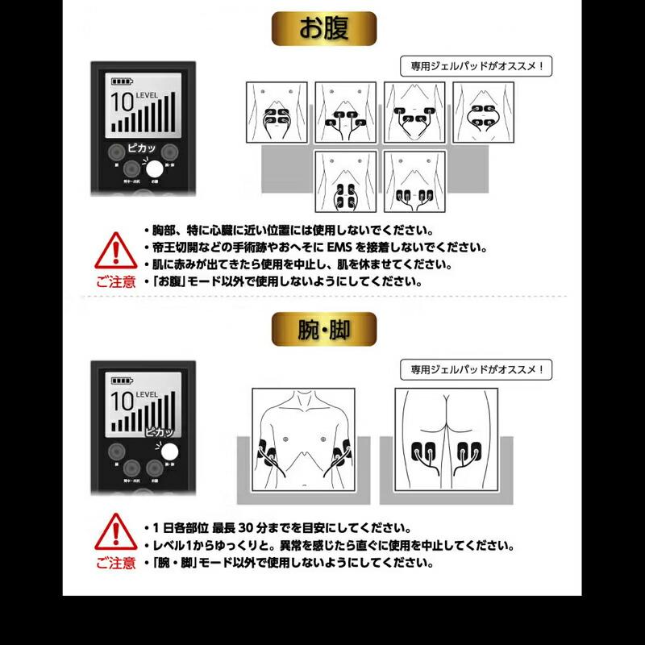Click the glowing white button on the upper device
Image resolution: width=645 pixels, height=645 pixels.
[154, 169]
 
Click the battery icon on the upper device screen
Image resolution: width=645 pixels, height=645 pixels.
[123, 82]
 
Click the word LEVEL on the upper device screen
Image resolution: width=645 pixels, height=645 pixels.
[149, 96]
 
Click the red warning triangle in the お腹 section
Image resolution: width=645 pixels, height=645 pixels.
[115, 251]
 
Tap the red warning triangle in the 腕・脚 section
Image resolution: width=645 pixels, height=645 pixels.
[115, 533]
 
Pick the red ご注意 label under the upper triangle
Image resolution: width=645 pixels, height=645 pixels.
[116, 282]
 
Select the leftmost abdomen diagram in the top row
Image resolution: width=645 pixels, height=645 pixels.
[276, 113]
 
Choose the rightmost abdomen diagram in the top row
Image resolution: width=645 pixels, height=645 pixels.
[483, 113]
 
